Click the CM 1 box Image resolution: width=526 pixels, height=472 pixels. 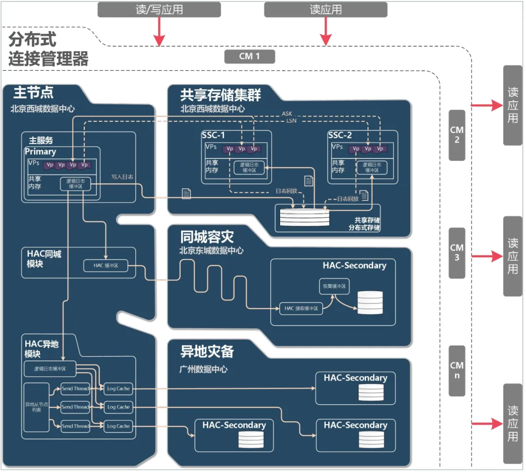(x=249, y=57)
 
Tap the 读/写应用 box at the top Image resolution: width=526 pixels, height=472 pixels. (x=152, y=10)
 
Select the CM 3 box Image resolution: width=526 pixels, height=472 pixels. (x=457, y=253)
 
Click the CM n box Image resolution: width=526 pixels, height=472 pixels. (x=457, y=371)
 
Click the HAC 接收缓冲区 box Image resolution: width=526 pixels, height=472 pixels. (x=301, y=308)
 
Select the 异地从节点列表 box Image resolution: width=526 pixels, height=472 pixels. (x=37, y=407)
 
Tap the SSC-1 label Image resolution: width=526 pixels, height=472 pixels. (x=213, y=135)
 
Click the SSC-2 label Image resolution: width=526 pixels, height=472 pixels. (x=339, y=135)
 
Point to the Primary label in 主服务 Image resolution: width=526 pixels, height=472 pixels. (x=40, y=152)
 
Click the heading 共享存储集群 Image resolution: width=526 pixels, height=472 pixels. (x=220, y=95)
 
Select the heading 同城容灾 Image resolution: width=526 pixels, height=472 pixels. (x=207, y=237)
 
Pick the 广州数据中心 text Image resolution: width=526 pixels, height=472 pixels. (x=204, y=370)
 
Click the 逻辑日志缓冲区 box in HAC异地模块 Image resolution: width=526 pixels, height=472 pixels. (x=50, y=369)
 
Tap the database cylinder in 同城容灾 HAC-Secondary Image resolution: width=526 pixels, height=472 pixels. (x=370, y=302)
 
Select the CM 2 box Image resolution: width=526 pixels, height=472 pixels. (x=457, y=135)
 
